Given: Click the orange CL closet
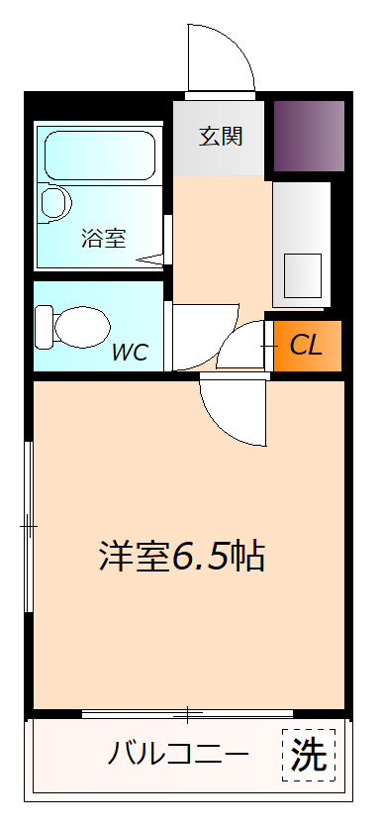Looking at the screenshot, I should click(x=306, y=346).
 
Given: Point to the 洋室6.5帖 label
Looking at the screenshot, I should click(x=182, y=556).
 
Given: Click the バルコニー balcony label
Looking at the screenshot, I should click(x=178, y=756).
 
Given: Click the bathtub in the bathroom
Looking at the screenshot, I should click(x=99, y=153).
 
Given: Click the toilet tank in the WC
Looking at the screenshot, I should click(x=44, y=324).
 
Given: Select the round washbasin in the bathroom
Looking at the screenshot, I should click(x=56, y=202).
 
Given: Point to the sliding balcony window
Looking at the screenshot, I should click(x=187, y=714).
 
